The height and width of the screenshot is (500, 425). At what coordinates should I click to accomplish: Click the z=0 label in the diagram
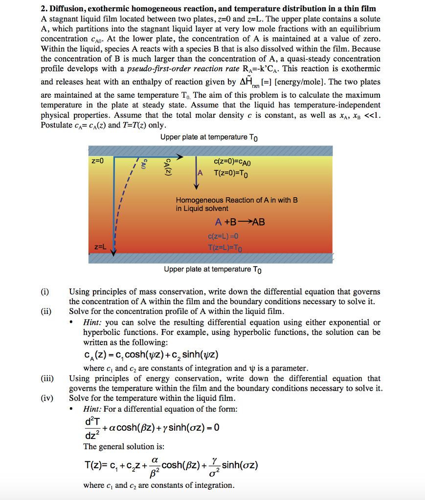[98, 161]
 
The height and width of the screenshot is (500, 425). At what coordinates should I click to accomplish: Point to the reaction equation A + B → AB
[240, 222]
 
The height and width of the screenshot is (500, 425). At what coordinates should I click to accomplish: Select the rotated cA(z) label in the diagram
[167, 168]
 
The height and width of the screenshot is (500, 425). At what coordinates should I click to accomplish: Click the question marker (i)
[45, 292]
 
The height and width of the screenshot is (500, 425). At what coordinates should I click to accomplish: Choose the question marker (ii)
[45, 312]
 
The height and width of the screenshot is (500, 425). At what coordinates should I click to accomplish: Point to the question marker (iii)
[46, 378]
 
